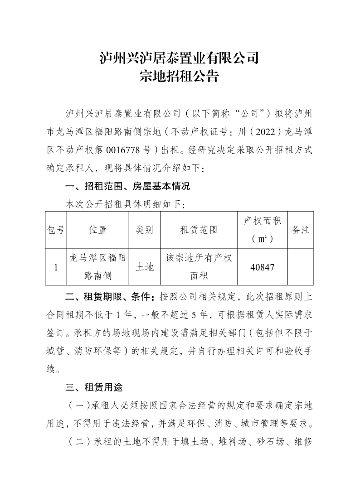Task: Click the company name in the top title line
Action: pos(180,58)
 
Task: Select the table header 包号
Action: pos(56,230)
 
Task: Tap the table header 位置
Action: pos(98,230)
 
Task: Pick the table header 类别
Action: pos(145,230)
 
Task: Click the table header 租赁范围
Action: pos(199,230)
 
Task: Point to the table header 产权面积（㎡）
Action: pos(263,230)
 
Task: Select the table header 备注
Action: pos(300,230)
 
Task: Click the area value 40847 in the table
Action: pos(262,267)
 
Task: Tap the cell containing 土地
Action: pos(145,267)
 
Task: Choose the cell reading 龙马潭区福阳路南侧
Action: pos(98,267)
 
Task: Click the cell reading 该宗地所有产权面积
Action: pos(199,267)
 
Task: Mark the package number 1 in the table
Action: pos(56,267)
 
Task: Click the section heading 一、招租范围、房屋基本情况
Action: pos(128,186)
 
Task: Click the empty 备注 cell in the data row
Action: pos(300,267)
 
